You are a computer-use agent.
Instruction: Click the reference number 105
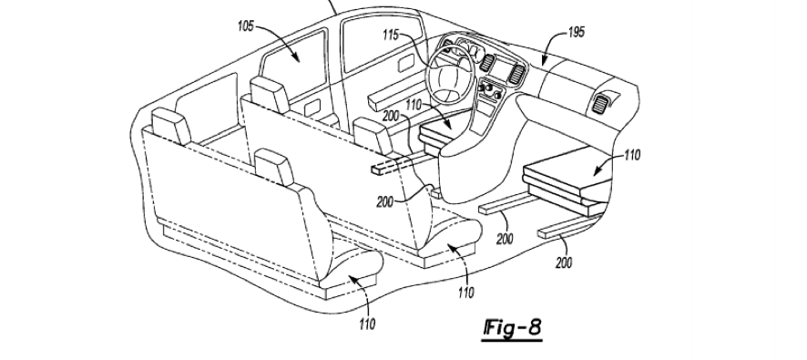click(x=246, y=26)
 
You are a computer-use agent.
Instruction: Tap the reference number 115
click(x=391, y=35)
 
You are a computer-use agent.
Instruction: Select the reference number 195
click(x=577, y=32)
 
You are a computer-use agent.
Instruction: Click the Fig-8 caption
click(x=513, y=327)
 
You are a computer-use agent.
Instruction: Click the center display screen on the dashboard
click(x=500, y=69)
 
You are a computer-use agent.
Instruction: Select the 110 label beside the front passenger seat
click(x=631, y=155)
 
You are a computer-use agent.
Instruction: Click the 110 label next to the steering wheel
click(x=414, y=106)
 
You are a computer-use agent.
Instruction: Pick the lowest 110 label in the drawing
click(x=367, y=324)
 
